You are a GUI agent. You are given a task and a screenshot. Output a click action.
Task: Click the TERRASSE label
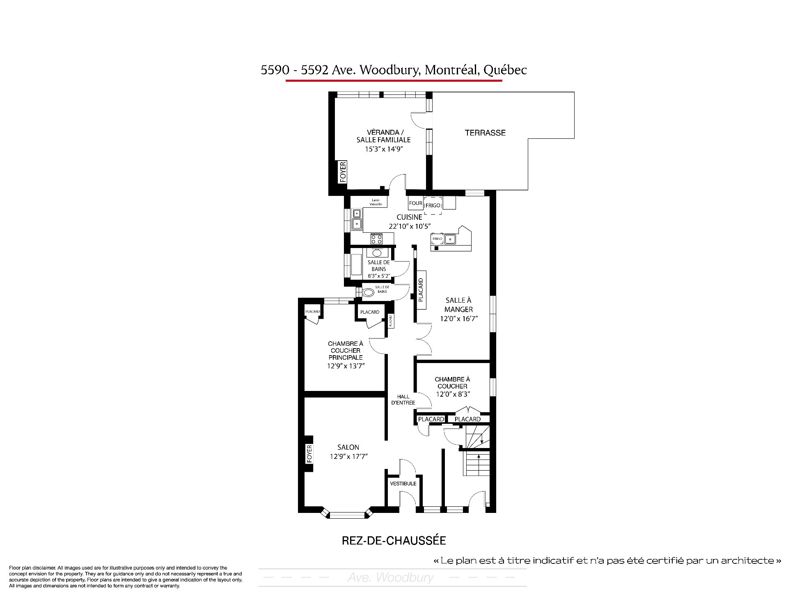point(485,133)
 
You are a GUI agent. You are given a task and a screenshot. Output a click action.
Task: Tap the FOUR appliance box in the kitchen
point(416,203)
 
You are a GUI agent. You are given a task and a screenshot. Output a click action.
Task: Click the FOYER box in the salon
point(309,454)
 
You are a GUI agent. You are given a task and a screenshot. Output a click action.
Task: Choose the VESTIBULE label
point(403,483)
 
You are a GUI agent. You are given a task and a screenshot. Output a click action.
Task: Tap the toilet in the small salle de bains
point(369,292)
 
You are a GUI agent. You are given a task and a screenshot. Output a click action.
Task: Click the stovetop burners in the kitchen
point(377,238)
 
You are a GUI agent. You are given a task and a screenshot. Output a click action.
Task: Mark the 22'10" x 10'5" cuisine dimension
point(409,226)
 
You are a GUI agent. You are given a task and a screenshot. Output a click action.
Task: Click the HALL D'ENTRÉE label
point(403,400)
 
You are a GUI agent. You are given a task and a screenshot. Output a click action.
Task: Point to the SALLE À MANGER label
point(458,305)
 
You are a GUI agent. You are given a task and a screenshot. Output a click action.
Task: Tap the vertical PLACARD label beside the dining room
point(421,290)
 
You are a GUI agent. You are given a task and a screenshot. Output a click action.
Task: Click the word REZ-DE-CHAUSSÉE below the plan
point(394,540)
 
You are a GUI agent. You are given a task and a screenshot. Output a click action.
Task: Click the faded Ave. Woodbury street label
point(390,577)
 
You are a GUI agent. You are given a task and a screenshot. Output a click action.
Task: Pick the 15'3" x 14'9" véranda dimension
point(383,149)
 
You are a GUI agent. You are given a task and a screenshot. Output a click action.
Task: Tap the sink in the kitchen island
point(450,239)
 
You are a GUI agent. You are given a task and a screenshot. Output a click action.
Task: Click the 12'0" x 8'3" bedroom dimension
point(453,394)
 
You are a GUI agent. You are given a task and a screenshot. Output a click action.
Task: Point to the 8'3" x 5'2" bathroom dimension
point(379,276)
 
